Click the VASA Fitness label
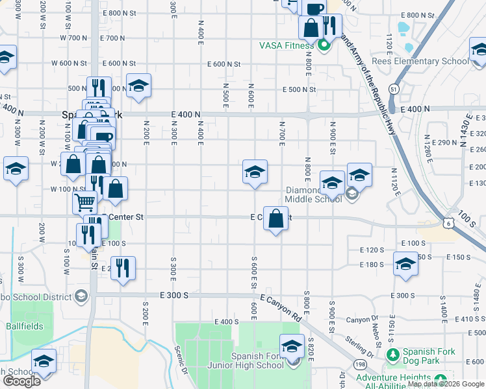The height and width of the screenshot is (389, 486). [x=287, y=45]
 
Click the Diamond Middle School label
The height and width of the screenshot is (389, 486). [x=314, y=194]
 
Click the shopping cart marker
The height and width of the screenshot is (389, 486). [x=84, y=202]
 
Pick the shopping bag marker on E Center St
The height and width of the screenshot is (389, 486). [x=276, y=218]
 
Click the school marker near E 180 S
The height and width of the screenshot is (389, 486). [x=406, y=264]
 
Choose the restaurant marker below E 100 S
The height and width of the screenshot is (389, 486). [x=123, y=266]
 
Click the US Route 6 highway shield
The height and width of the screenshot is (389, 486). [x=449, y=223]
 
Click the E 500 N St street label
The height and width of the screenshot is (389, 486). [x=299, y=89]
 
